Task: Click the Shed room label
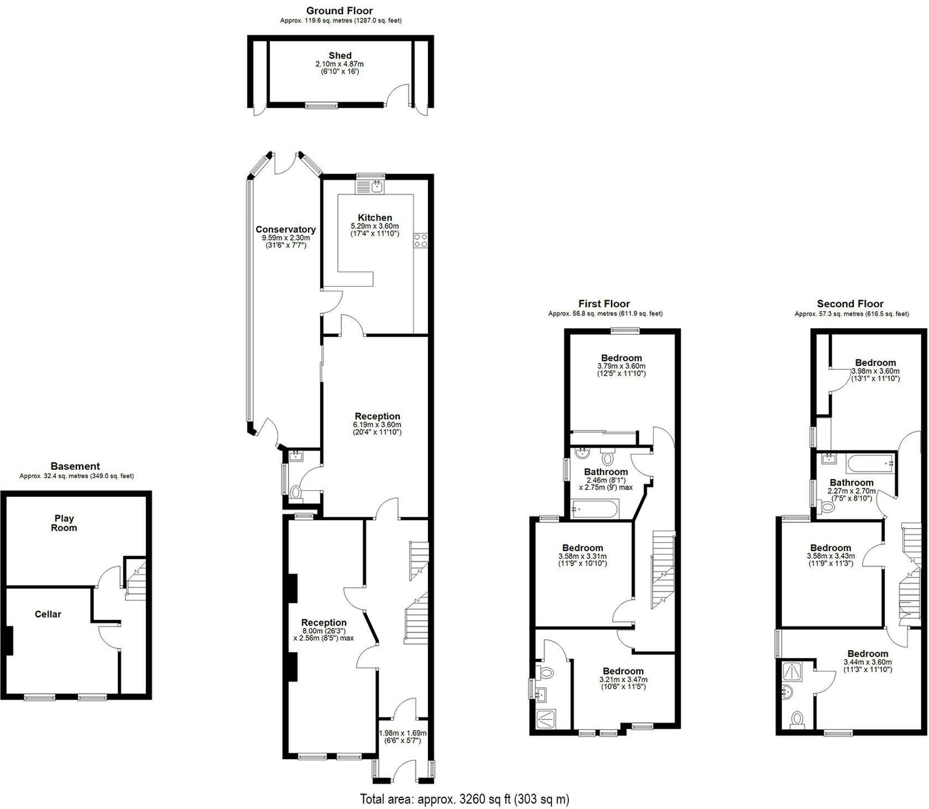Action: [x=340, y=55]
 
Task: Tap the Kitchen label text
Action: [x=375, y=218]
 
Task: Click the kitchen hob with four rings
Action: [x=421, y=240]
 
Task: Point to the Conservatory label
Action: [x=285, y=229]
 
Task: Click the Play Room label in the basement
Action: [x=64, y=523]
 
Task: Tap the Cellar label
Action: [x=48, y=614]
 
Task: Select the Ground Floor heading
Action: [x=340, y=10]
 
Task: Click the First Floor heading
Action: [x=604, y=303]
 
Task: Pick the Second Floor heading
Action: [x=850, y=303]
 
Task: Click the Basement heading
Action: [x=75, y=466]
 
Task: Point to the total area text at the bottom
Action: [x=464, y=799]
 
